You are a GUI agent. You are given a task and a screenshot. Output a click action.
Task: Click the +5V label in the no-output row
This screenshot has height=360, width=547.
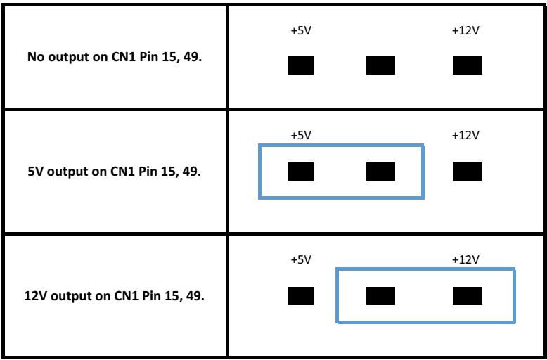pyautogui.click(x=301, y=31)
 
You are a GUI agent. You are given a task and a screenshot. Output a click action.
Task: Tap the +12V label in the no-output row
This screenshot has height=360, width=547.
pyautogui.click(x=465, y=31)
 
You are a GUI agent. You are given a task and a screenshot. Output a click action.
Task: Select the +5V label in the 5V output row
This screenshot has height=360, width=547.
pyautogui.click(x=301, y=135)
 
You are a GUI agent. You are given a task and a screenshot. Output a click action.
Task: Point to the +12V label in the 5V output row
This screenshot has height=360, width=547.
pyautogui.click(x=465, y=135)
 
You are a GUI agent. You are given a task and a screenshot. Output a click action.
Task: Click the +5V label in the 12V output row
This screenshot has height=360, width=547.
pyautogui.click(x=301, y=260)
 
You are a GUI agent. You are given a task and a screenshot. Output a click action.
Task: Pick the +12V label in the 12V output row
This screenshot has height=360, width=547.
pyautogui.click(x=465, y=260)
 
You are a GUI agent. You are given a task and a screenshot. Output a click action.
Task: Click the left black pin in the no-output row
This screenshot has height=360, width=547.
pyautogui.click(x=301, y=65)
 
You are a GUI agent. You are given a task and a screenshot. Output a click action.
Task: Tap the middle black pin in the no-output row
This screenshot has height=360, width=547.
pyautogui.click(x=380, y=65)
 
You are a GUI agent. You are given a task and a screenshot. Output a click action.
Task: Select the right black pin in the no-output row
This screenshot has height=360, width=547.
pyautogui.click(x=468, y=65)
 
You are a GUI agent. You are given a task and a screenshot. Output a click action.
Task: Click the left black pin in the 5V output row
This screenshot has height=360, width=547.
pyautogui.click(x=301, y=172)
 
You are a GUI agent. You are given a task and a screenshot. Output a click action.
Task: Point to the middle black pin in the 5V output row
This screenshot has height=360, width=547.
pyautogui.click(x=380, y=172)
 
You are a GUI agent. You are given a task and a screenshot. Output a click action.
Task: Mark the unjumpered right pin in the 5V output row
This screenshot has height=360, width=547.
pyautogui.click(x=468, y=172)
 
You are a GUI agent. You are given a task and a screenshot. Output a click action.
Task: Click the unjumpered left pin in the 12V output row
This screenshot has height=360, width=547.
pyautogui.click(x=301, y=296)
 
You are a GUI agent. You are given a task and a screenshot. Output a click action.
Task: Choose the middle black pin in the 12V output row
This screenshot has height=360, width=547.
pyautogui.click(x=380, y=296)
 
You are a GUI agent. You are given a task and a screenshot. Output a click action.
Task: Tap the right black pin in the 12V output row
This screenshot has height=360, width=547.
pyautogui.click(x=468, y=296)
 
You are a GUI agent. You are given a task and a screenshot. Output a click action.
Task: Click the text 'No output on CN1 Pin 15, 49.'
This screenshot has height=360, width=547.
pyautogui.click(x=115, y=57)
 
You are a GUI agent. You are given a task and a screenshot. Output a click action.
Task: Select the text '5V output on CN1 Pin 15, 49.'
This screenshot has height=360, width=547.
pyautogui.click(x=115, y=172)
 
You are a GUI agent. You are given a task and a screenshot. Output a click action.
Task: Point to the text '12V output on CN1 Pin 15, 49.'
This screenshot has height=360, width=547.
pyautogui.click(x=115, y=296)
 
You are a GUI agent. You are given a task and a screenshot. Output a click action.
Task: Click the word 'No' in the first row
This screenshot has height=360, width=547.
pyautogui.click(x=36, y=57)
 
